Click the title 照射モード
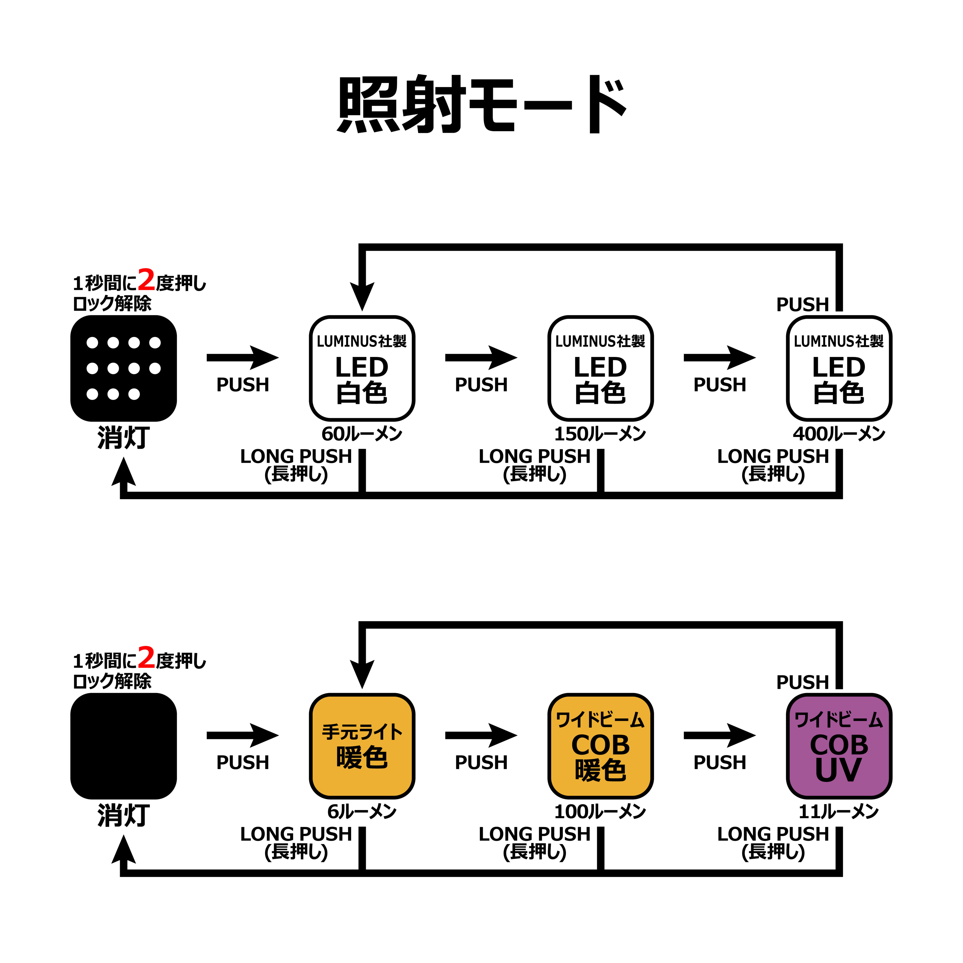tap(481, 105)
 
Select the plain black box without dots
tap(124, 746)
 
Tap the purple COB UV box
tap(839, 746)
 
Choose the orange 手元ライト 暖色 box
tap(362, 746)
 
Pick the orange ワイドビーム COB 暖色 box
tap(601, 746)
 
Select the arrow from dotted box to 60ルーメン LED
tap(243, 357)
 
